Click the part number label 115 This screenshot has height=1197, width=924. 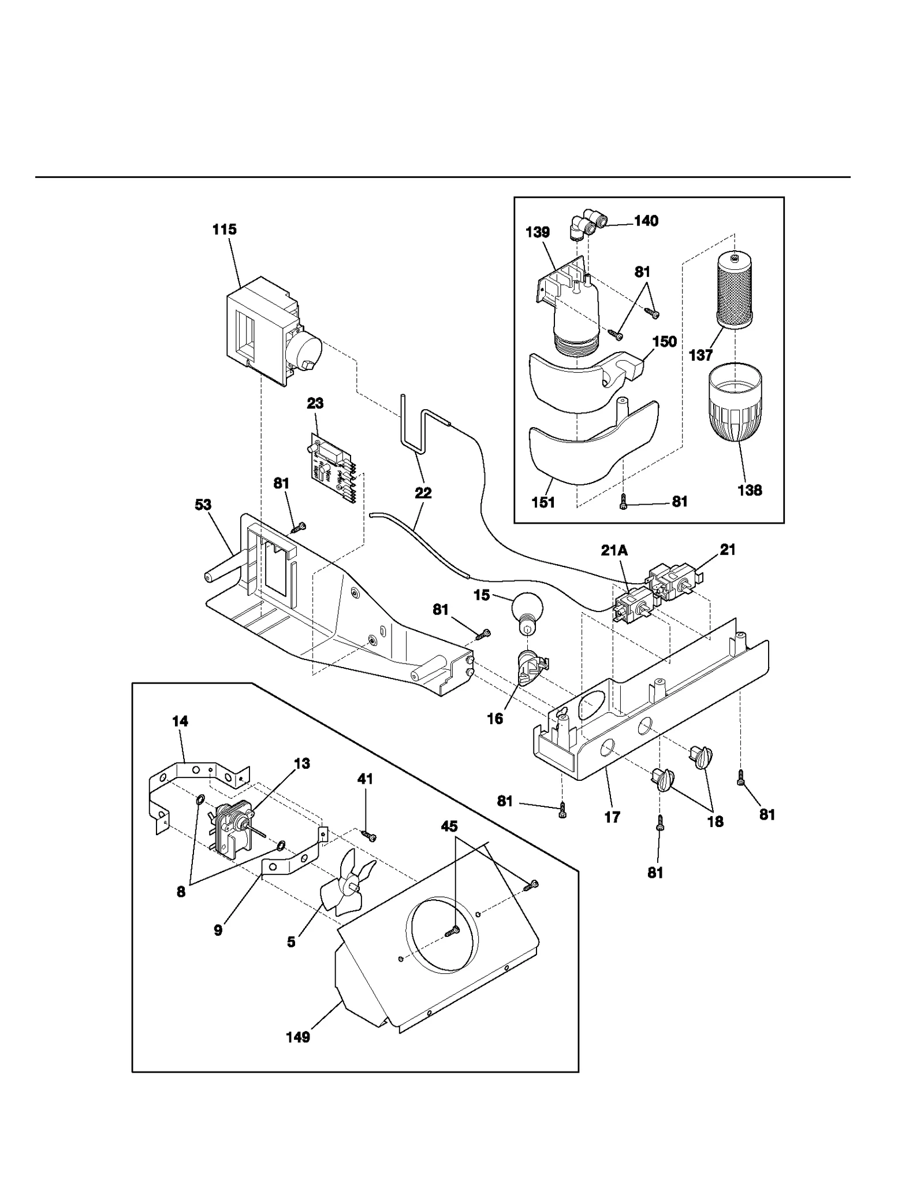(x=224, y=229)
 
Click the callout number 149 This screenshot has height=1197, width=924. (x=298, y=1037)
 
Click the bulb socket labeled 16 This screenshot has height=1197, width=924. (x=531, y=668)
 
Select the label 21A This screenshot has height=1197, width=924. (x=614, y=551)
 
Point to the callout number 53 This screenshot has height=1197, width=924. (x=203, y=505)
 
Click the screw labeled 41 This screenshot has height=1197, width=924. (x=368, y=835)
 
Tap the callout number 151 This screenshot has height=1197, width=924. (x=543, y=503)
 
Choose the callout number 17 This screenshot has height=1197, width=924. (x=612, y=817)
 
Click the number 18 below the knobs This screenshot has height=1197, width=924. (x=715, y=821)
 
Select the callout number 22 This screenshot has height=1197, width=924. (x=423, y=493)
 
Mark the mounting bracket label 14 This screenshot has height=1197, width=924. (x=180, y=721)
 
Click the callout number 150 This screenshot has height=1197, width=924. (x=664, y=342)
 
